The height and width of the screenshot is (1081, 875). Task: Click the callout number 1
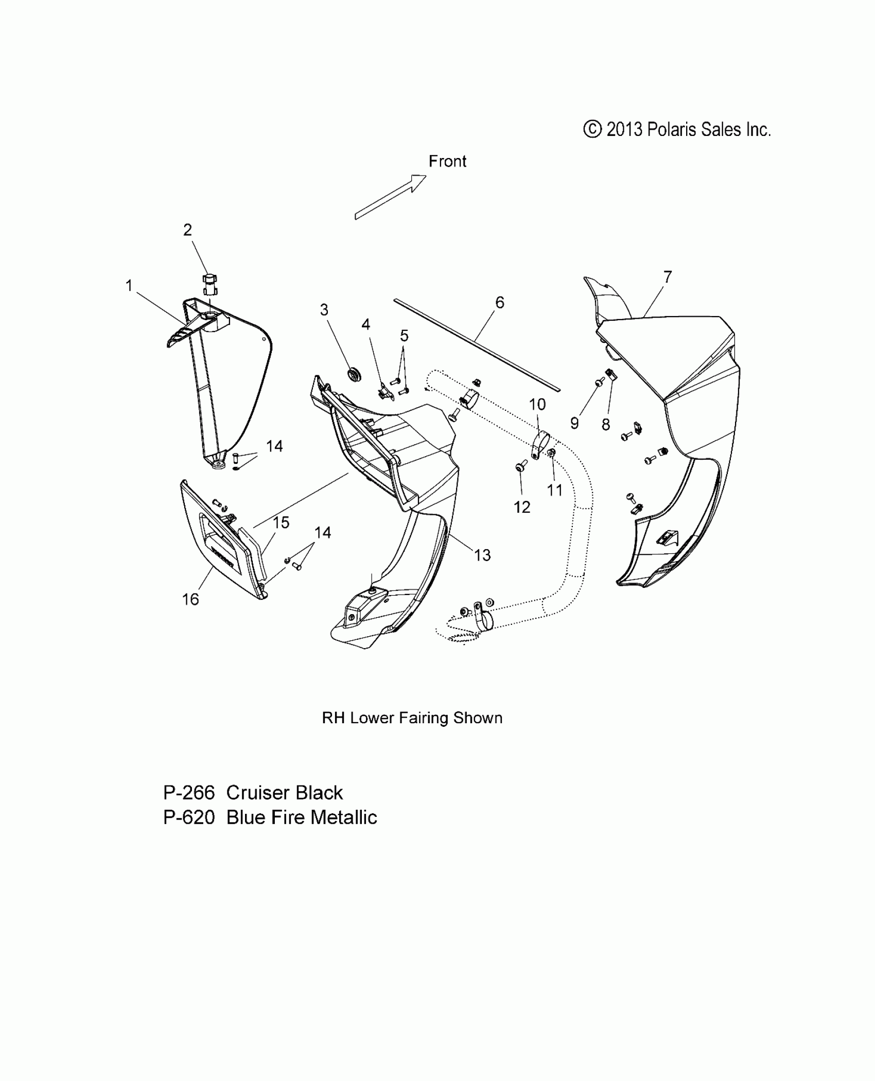click(129, 285)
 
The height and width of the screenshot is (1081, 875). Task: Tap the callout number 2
click(187, 230)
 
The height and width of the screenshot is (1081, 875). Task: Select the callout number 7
click(668, 277)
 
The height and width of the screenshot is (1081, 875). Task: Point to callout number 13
click(482, 555)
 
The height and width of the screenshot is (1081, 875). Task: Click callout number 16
click(190, 599)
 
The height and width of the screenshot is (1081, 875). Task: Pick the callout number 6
click(499, 303)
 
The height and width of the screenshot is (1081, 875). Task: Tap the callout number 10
click(537, 405)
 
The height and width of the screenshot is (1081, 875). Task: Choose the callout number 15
click(281, 522)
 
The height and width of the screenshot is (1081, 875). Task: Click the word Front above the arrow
click(447, 162)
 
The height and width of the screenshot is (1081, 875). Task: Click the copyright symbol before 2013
click(592, 129)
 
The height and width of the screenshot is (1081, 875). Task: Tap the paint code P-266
click(189, 793)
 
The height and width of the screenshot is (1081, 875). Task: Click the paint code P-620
click(189, 817)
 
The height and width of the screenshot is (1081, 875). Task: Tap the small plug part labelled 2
click(209, 284)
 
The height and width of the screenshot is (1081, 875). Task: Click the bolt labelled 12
click(519, 467)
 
